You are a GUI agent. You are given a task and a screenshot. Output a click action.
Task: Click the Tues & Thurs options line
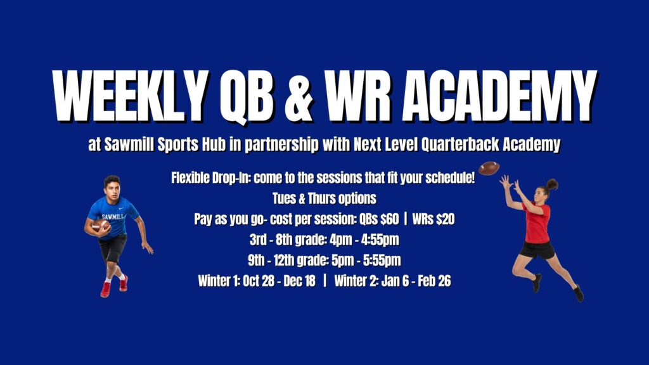tap(324, 198)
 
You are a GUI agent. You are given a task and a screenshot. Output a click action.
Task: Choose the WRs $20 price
tap(434, 220)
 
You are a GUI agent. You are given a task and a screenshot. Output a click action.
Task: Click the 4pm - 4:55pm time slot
tap(359, 240)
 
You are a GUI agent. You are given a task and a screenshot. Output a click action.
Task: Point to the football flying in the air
tap(489, 169)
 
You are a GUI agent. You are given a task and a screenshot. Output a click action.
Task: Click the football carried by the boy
tap(100, 226)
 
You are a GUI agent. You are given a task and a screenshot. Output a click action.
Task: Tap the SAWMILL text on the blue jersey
tap(113, 217)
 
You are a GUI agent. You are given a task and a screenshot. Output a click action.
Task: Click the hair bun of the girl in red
tap(552, 184)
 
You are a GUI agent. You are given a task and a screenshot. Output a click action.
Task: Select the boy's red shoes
tap(113, 286)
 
